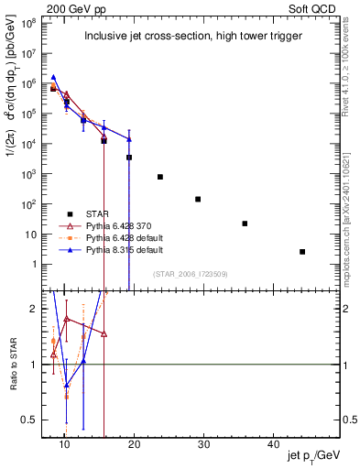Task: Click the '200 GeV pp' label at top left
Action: pyautogui.click(x=71, y=7)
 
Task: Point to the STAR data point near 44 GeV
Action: pyautogui.click(x=302, y=251)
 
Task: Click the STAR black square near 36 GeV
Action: pyautogui.click(x=245, y=224)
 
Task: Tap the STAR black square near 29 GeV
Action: pyautogui.click(x=198, y=199)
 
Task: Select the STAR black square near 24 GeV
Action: pyautogui.click(x=160, y=177)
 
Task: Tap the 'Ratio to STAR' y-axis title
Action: pyautogui.click(x=15, y=364)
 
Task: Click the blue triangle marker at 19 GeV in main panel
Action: pyautogui.click(x=129, y=139)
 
